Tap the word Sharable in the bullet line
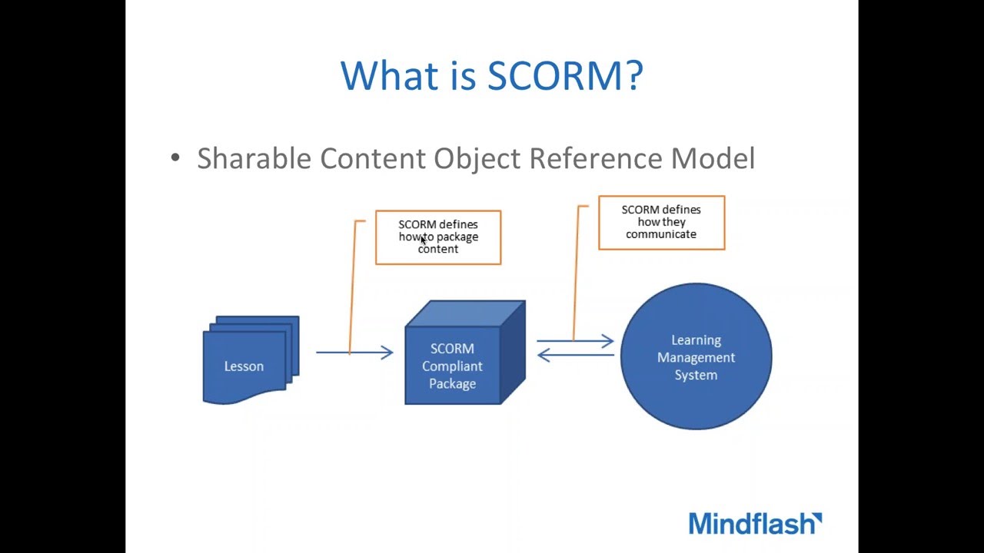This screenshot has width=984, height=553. coord(253,158)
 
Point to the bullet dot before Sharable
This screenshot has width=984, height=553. coord(175,158)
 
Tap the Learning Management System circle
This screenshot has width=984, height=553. coord(696,357)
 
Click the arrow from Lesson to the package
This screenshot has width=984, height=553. coord(355,353)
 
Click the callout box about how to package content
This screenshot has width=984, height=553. coord(438,237)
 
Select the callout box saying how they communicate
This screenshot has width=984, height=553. coord(661,223)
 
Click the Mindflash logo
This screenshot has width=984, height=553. coord(755,524)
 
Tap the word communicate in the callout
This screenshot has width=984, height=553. coord(661,234)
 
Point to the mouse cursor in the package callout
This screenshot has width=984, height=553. coord(423,240)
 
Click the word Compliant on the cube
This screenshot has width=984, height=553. coord(452,366)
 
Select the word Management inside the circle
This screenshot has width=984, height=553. coord(696,357)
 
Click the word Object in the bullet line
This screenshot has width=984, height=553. coord(477,158)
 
